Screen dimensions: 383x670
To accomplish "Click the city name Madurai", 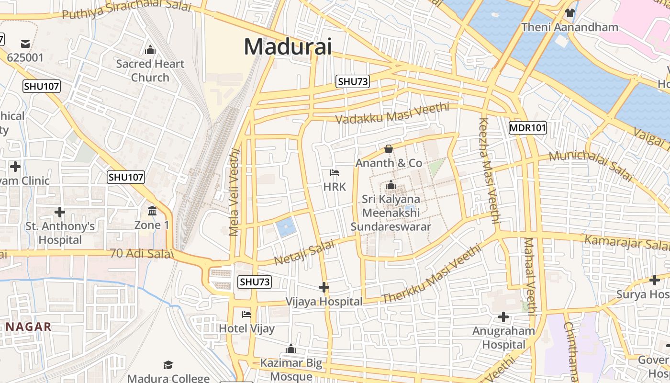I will pyautogui.click(x=288, y=47).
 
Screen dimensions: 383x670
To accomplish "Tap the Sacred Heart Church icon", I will pyautogui.click(x=150, y=50).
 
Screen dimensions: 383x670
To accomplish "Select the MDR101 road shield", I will pyautogui.click(x=527, y=128).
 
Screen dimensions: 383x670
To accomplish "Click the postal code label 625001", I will pyautogui.click(x=25, y=57).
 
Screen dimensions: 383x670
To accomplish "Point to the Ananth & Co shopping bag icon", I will pyautogui.click(x=389, y=149).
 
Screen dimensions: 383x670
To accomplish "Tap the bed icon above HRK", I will pyautogui.click(x=335, y=172).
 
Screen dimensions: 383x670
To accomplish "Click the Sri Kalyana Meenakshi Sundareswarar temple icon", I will pyautogui.click(x=391, y=185).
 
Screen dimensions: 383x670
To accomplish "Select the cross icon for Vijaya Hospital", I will pyautogui.click(x=324, y=287).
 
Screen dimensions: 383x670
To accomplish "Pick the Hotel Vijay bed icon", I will pyautogui.click(x=246, y=314).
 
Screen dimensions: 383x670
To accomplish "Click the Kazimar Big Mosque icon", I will pyautogui.click(x=291, y=349).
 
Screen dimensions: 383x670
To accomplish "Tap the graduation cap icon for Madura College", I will pyautogui.click(x=168, y=365).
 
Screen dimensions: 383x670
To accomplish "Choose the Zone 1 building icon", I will pyautogui.click(x=152, y=211).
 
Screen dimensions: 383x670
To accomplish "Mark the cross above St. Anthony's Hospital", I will pyautogui.click(x=60, y=212).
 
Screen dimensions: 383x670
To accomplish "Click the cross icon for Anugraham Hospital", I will pyautogui.click(x=503, y=316).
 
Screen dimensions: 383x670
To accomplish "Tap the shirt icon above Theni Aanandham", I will pyautogui.click(x=569, y=12).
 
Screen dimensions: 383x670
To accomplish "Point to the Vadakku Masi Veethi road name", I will pyautogui.click(x=392, y=113).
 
